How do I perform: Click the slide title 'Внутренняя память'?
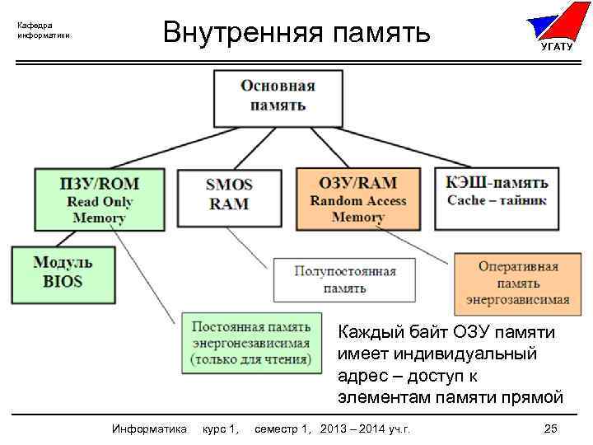point(296,33)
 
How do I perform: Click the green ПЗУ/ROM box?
point(99,200)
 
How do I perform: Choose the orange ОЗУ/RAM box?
point(357,199)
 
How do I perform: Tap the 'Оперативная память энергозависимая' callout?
point(518,283)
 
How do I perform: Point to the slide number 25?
point(551,429)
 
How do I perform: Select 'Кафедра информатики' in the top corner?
point(44,30)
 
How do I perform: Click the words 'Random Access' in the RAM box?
point(357,200)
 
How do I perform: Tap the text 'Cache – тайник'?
point(497,200)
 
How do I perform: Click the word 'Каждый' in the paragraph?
point(363,333)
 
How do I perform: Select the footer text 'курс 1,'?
point(221,429)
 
